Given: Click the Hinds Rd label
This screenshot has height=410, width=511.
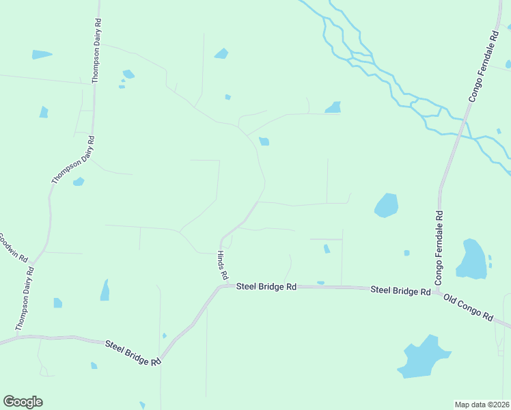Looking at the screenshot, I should pyautogui.click(x=222, y=266).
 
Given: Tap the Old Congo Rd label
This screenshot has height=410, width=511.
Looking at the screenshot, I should pyautogui.click(x=468, y=307).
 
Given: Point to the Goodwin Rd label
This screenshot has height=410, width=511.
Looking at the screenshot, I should pyautogui.click(x=13, y=249).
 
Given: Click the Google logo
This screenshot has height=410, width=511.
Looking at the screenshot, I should pyautogui.click(x=23, y=402).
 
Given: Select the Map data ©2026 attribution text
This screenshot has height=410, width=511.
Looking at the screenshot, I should pyautogui.click(x=482, y=405).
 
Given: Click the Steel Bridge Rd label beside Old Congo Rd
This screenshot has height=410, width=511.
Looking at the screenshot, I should pyautogui.click(x=400, y=290).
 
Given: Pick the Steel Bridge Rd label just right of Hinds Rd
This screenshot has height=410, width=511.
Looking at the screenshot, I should pyautogui.click(x=266, y=287).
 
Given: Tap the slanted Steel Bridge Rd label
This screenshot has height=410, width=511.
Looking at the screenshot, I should pyautogui.click(x=133, y=352).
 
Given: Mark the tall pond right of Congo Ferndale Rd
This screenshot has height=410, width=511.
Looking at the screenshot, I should pyautogui.click(x=471, y=260).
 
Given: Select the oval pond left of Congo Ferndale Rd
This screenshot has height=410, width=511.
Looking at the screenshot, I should pyautogui.click(x=387, y=205).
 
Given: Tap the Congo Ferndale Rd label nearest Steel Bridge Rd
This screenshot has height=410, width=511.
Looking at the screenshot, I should pyautogui.click(x=439, y=247).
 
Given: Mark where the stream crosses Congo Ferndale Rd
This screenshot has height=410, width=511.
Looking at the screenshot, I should pyautogui.click(x=459, y=135).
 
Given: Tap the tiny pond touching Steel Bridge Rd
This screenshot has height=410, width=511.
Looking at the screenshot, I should pyautogui.click(x=320, y=283).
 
